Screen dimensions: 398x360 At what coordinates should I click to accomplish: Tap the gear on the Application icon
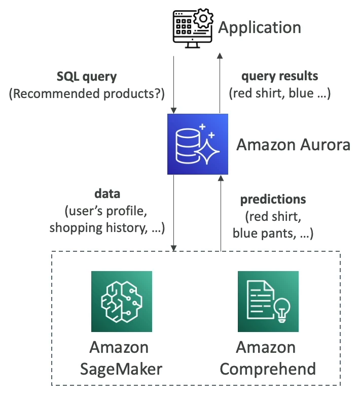pyautogui.click(x=203, y=19)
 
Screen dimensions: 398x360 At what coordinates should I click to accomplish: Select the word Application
pyautogui.click(x=259, y=27)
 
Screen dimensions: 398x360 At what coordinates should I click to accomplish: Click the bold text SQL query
pyautogui.click(x=86, y=77)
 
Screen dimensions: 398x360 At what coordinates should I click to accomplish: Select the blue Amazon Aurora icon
pyautogui.click(x=197, y=144)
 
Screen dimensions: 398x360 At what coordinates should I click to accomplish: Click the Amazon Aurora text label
pyautogui.click(x=293, y=145)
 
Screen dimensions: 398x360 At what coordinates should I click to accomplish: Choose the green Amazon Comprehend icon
pyautogui.click(x=268, y=301)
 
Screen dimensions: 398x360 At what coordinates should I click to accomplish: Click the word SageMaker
pyautogui.click(x=121, y=368)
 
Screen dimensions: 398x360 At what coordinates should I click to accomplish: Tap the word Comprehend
pyautogui.click(x=268, y=368)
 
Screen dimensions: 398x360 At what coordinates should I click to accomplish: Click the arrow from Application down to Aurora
pyautogui.click(x=174, y=84)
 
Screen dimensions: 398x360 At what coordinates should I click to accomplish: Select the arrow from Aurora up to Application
pyautogui.click(x=220, y=84)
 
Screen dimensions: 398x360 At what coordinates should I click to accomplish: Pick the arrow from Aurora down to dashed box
pyautogui.click(x=174, y=213)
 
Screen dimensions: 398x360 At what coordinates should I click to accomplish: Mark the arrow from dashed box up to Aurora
pyautogui.click(x=221, y=213)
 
